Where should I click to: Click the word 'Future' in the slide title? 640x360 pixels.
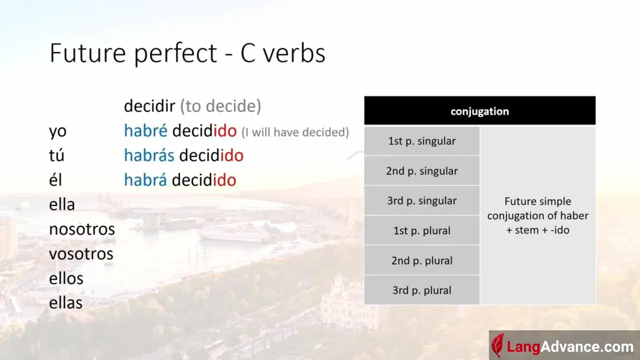[x=87, y=53]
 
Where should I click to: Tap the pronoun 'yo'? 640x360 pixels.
[x=57, y=132]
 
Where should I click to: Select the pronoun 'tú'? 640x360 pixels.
[x=56, y=155]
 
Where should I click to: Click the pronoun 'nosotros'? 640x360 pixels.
[x=82, y=229]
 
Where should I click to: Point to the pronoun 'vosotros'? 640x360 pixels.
[x=81, y=253]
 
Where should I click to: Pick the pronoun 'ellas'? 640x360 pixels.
[x=65, y=302]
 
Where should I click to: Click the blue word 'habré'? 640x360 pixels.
[x=145, y=130]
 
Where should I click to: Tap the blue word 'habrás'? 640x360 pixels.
[x=149, y=155]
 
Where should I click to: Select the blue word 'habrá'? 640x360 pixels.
[x=145, y=179]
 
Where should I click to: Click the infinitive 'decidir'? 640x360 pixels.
[x=149, y=105]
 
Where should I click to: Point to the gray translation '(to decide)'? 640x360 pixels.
[x=220, y=106]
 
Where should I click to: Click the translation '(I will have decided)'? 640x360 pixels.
[x=295, y=132]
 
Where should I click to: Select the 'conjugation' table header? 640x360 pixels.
[x=479, y=111]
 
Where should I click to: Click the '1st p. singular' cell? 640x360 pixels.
[x=421, y=141]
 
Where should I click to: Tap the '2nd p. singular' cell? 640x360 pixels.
[x=421, y=171]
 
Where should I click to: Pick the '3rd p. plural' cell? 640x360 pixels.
[x=421, y=290]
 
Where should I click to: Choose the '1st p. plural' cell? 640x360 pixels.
[x=421, y=230]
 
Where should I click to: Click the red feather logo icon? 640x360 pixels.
[x=497, y=345]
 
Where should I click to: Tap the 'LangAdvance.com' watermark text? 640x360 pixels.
[x=570, y=347]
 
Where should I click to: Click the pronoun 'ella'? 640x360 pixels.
[x=62, y=204]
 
